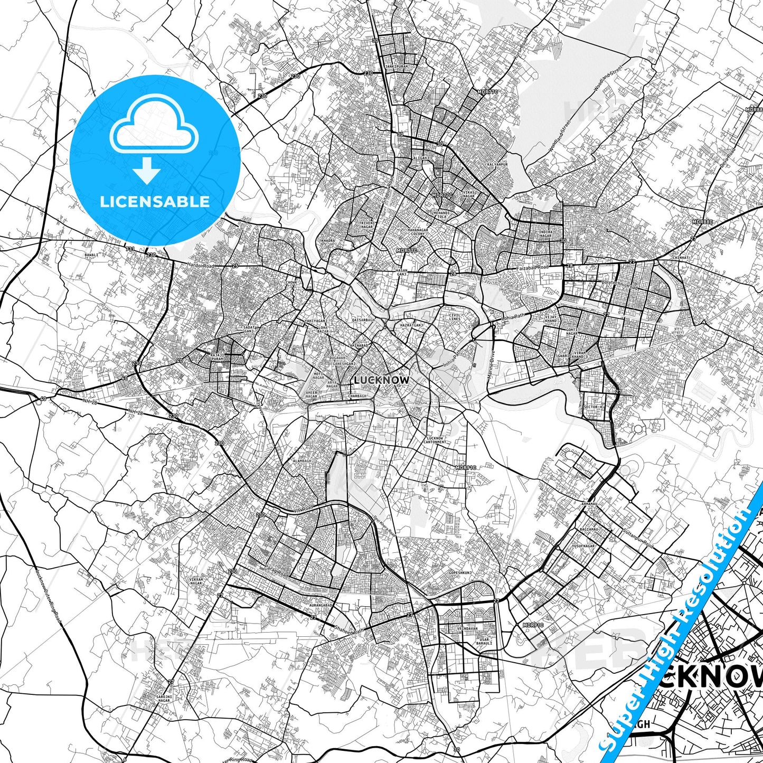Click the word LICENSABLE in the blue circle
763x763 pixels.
pos(155,201)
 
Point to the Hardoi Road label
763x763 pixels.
pos(201,265)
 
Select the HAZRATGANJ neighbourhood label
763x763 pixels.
pos(412,326)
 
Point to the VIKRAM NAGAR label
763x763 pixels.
pos(196,581)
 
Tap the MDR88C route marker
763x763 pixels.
pos(754,109)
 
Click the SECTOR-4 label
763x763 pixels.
pos(591,407)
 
